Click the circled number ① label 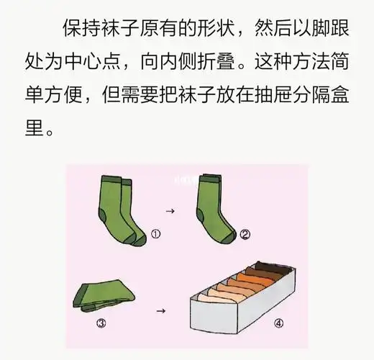point(155,234)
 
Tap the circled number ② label point(245,234)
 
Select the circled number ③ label point(101,323)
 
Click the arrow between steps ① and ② point(170,211)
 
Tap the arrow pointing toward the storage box point(161,310)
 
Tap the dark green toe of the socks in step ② point(229,236)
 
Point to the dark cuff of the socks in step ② point(208,178)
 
